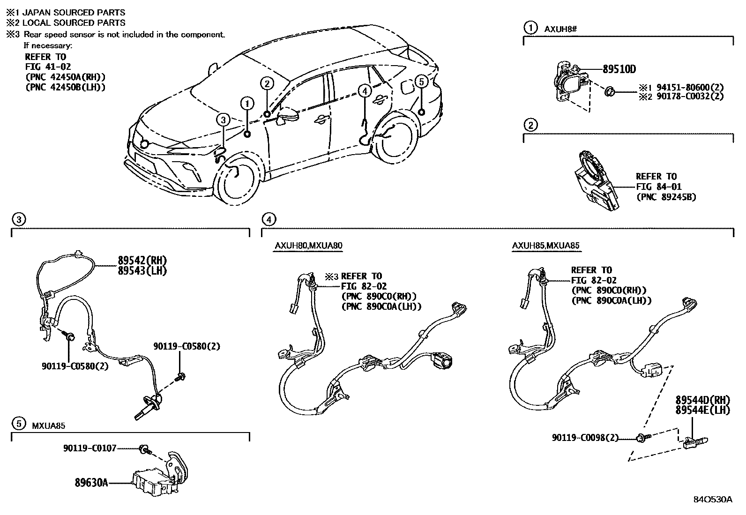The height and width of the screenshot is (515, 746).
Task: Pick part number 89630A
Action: point(91,482)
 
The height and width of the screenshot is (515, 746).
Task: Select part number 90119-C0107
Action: point(90,448)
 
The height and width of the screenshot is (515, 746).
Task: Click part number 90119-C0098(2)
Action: point(585,438)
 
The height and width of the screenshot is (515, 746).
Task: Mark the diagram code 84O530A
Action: point(713,499)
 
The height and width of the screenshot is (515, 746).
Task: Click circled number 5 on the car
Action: point(421,82)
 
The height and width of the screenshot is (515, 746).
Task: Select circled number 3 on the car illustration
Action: point(223,120)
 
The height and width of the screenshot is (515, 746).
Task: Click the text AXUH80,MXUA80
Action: point(308,246)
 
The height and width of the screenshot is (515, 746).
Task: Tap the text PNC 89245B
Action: point(665,197)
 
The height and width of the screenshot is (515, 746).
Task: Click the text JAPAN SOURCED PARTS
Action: point(74,13)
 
